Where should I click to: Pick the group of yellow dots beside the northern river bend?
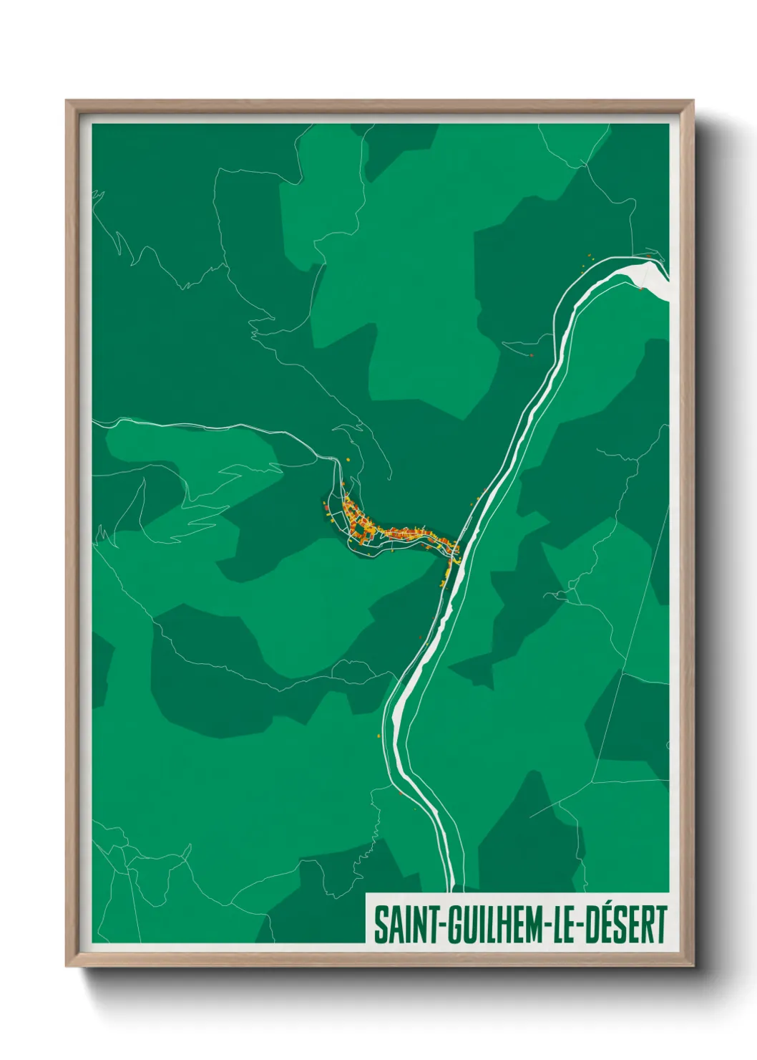click(x=587, y=260)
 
